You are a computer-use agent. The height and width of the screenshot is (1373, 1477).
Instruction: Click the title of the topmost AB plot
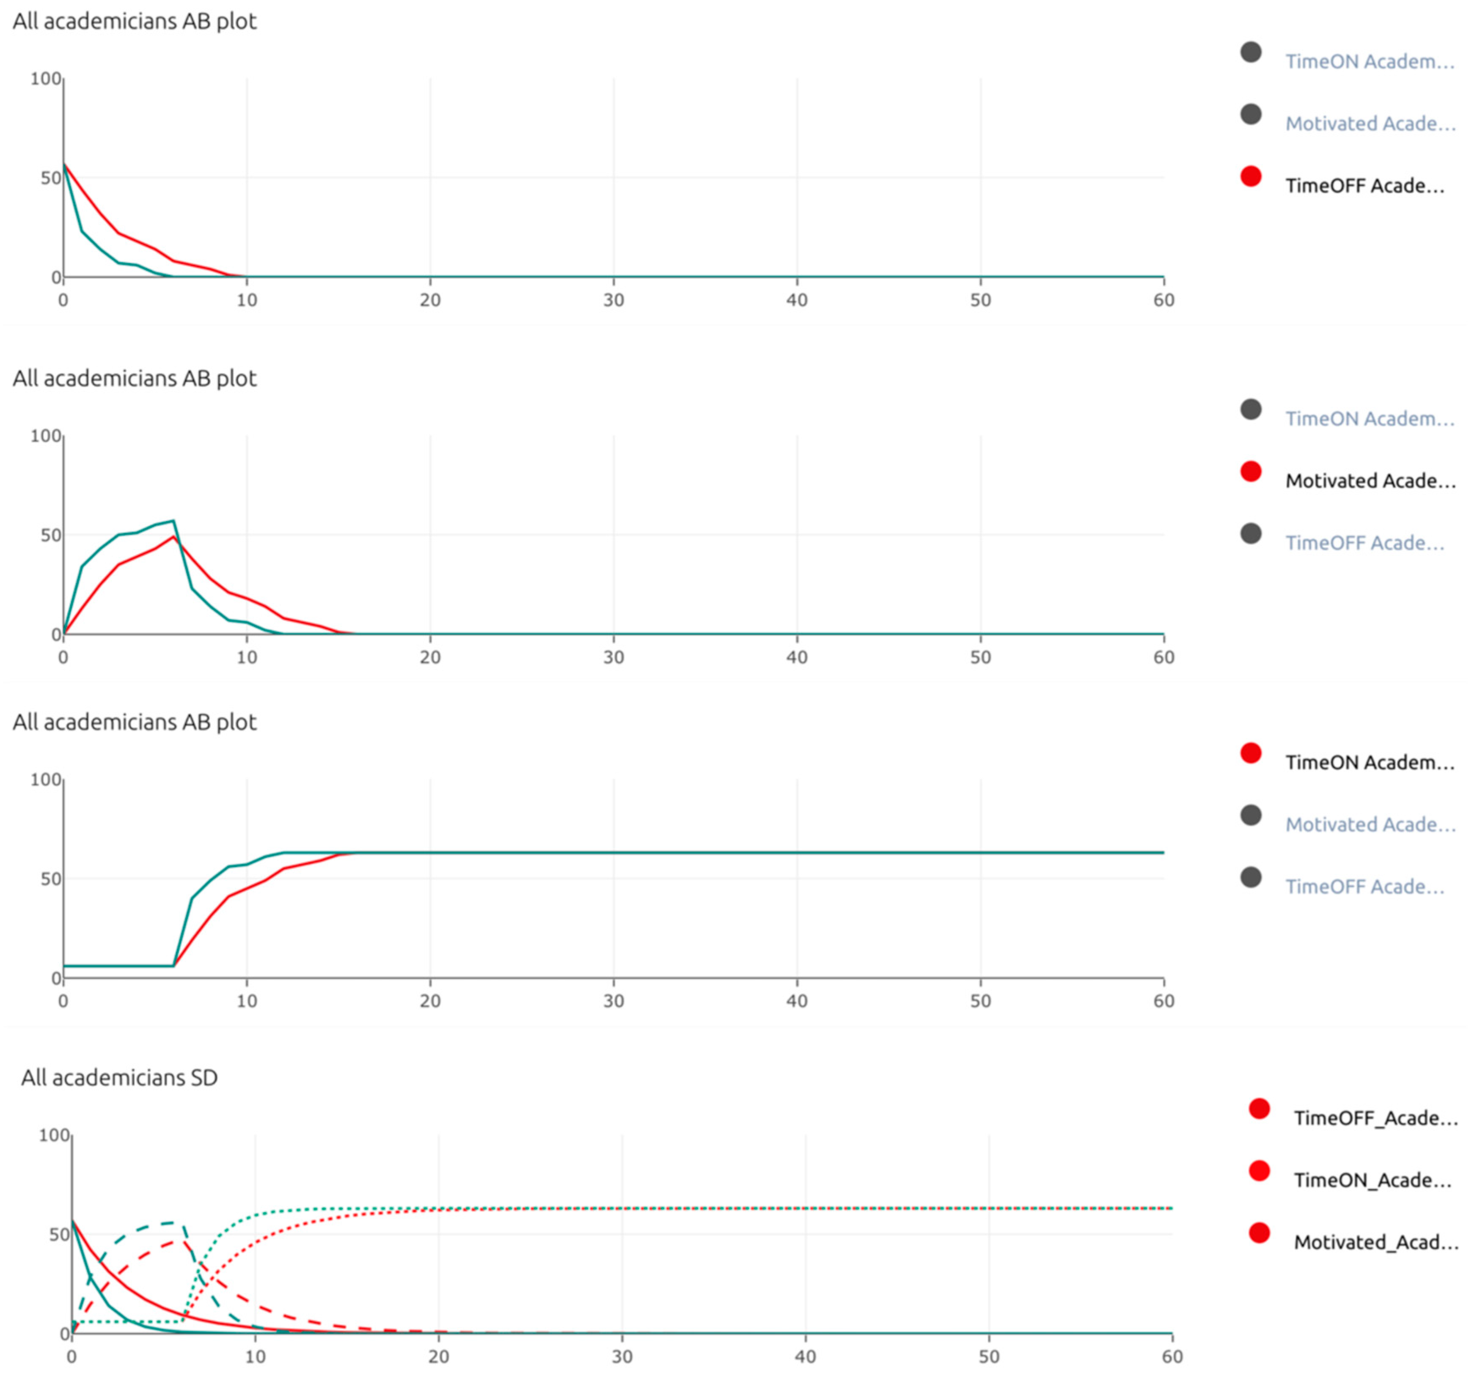point(135,21)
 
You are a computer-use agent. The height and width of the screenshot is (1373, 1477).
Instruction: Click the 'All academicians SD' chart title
point(119,1078)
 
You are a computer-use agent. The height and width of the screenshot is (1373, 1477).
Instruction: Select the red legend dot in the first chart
point(1251,177)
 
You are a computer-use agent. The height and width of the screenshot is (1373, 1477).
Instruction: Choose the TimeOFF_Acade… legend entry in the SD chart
point(1375,1118)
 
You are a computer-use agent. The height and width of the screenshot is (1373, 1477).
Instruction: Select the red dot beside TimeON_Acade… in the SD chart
point(1259,1172)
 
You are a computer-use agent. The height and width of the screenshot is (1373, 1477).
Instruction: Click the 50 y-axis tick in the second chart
point(50,535)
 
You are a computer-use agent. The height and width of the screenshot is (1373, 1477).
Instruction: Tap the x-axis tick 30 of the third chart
point(613,1001)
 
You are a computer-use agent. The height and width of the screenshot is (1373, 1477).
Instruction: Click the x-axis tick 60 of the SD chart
point(1172,1357)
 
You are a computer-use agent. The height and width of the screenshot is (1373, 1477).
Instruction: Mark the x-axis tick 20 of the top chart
point(430,300)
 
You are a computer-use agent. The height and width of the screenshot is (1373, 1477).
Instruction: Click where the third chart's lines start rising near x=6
point(174,965)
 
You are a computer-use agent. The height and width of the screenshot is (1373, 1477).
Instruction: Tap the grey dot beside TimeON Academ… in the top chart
point(1251,52)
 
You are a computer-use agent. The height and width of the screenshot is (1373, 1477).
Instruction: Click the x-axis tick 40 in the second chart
point(797,657)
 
